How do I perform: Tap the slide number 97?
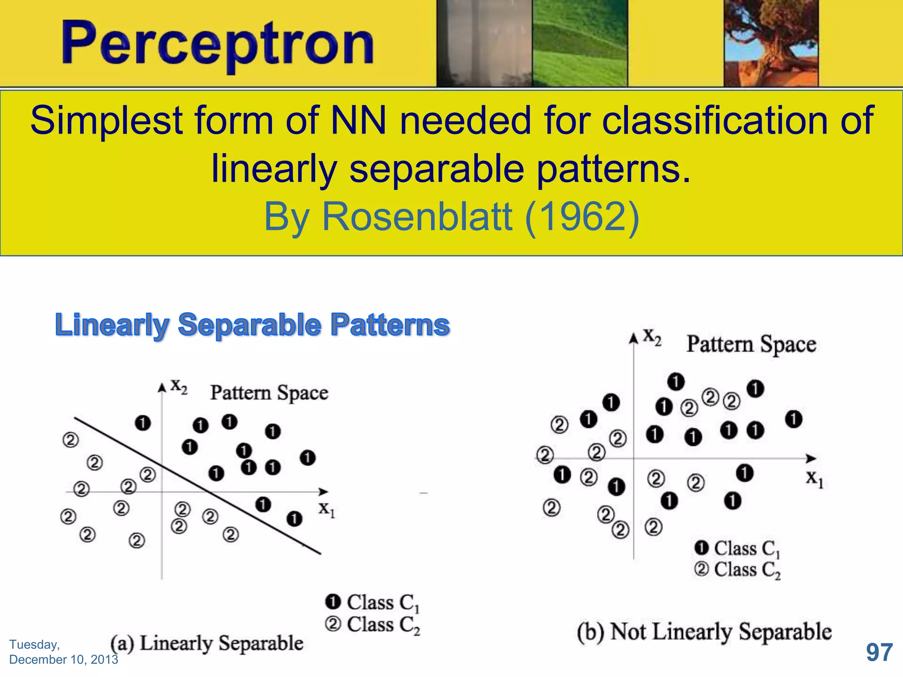tap(879, 652)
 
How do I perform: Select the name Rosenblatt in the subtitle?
tap(417, 216)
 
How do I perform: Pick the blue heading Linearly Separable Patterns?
tap(252, 325)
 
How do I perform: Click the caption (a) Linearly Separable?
tap(207, 643)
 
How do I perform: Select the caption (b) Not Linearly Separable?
tap(704, 632)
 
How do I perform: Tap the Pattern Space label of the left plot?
tap(269, 393)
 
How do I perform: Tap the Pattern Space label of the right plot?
tap(751, 344)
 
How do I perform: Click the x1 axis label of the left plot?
tap(327, 510)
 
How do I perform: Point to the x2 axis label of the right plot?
tap(652, 337)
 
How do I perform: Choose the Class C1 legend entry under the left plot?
tap(373, 603)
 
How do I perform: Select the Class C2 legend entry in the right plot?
tap(738, 569)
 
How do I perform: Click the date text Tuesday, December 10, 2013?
tap(63, 652)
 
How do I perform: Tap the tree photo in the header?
tap(771, 43)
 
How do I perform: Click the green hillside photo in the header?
tap(579, 43)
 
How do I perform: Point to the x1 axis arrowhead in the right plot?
tap(810, 458)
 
